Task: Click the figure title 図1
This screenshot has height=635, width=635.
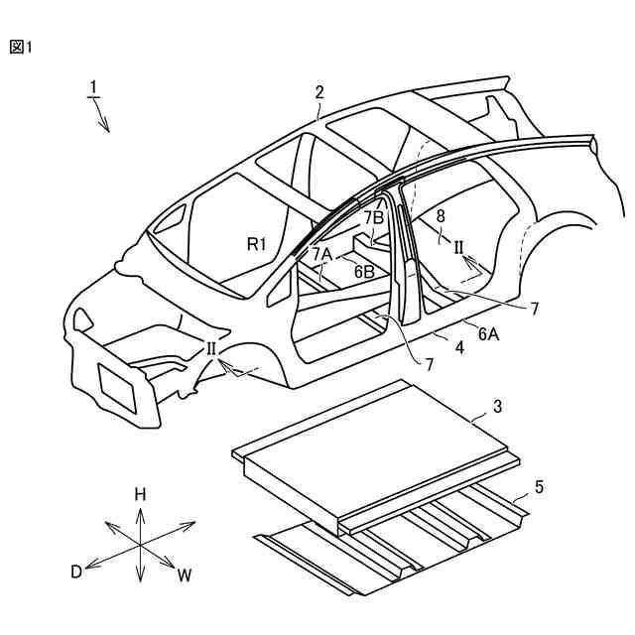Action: tap(21, 47)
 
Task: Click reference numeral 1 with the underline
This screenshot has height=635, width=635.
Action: tap(91, 88)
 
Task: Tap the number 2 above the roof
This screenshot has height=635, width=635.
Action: tap(319, 91)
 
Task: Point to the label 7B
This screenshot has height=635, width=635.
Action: tap(373, 217)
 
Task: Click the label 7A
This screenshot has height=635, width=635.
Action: tap(321, 254)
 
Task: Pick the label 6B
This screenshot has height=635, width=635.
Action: tap(363, 269)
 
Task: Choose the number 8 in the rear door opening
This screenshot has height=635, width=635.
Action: tap(441, 214)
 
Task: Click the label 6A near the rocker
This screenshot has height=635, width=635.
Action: tap(488, 334)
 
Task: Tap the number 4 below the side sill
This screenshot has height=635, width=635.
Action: tap(459, 348)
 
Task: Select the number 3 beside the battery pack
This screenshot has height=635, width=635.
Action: tap(498, 407)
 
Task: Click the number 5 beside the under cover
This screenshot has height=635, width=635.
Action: tap(539, 486)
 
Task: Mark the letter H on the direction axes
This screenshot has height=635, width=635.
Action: tap(141, 494)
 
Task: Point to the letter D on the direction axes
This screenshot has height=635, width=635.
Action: tap(75, 571)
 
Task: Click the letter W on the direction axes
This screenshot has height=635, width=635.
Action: tap(185, 575)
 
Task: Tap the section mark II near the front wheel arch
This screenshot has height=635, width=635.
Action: tap(212, 348)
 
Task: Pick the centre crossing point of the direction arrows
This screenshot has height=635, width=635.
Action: tap(140, 545)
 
